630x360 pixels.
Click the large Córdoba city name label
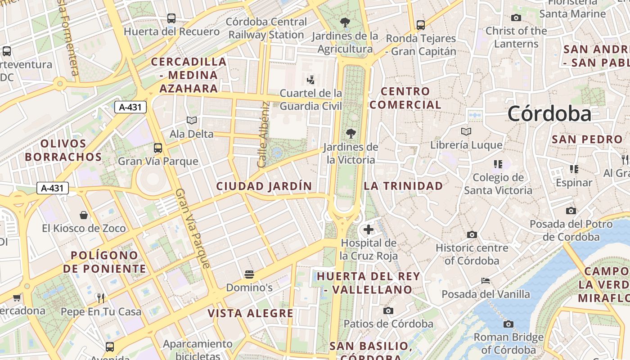pos(549,113)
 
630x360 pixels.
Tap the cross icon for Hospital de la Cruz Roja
pos(369,229)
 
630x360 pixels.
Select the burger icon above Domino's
pos(249,274)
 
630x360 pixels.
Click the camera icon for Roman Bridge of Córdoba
pos(508,324)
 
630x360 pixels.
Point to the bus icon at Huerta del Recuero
pos(171,18)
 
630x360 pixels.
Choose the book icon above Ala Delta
pos(192,121)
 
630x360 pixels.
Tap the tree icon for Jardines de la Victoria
pos(351,133)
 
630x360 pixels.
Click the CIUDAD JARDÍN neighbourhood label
pos(264,186)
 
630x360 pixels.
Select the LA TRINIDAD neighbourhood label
pos(403,186)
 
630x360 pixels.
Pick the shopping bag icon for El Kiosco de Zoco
pos(84,215)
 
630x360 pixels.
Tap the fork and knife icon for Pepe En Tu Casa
pos(101,298)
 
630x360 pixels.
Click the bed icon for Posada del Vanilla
pos(486,281)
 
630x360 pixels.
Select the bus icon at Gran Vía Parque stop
pos(158,148)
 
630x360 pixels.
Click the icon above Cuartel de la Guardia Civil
pos(310,80)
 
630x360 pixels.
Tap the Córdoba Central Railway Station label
pos(266,28)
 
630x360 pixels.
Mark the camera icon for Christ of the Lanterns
pos(516,18)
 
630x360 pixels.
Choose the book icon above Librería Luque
pos(466,131)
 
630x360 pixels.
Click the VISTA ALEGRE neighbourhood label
pos(250,313)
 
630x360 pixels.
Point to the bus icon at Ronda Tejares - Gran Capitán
pos(421,25)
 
